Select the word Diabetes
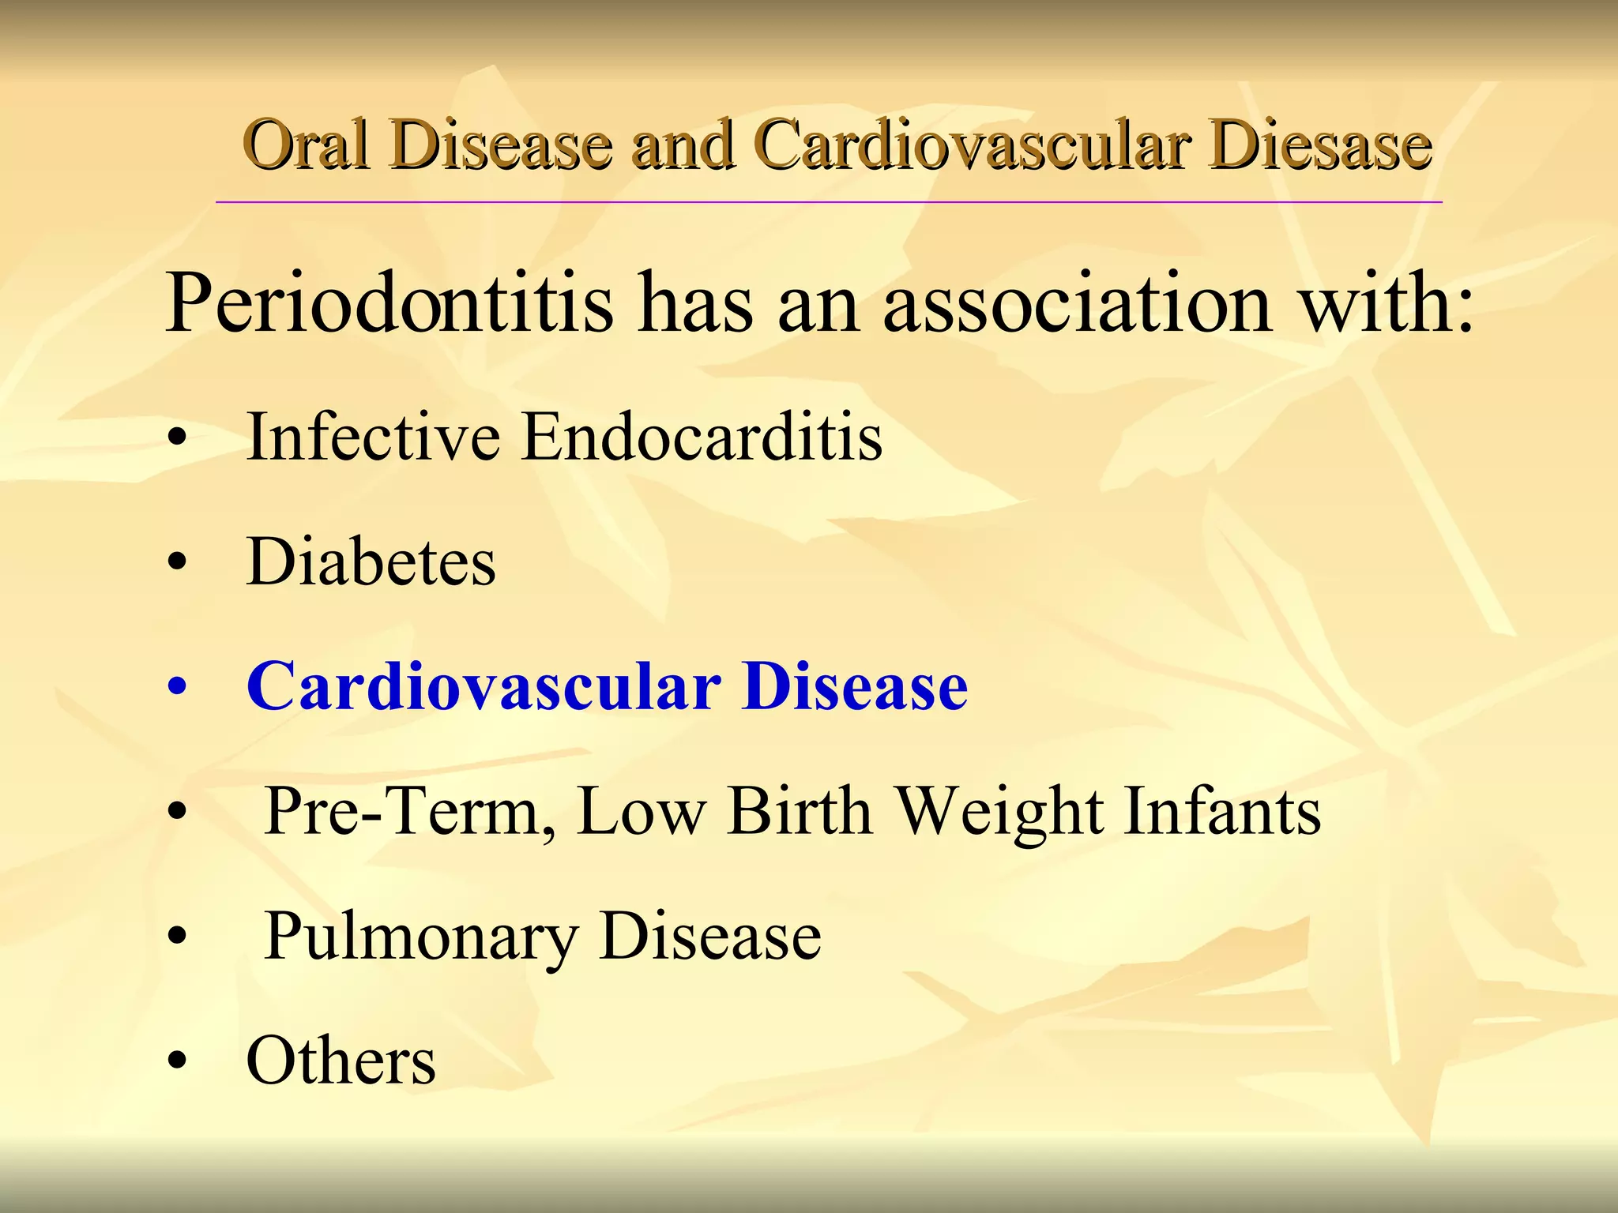pos(371,562)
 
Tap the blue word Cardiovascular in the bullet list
pos(484,687)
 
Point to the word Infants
pos(1221,812)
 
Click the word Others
pos(341,1061)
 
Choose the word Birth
pos(800,812)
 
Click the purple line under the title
pos(830,202)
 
